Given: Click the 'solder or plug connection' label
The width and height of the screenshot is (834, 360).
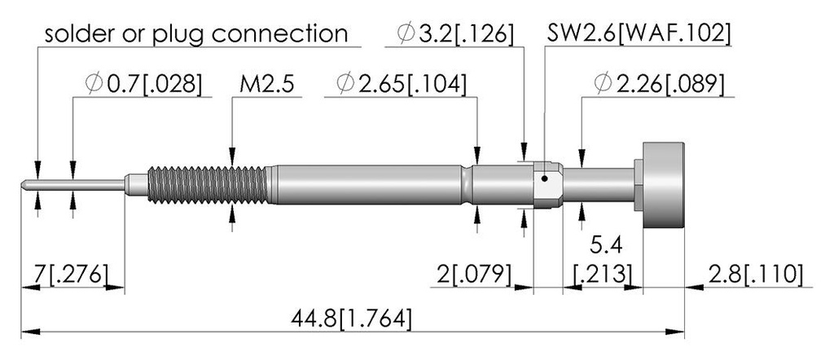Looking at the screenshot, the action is coord(195,34).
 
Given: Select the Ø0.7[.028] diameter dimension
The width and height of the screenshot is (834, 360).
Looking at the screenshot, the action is coord(143,84).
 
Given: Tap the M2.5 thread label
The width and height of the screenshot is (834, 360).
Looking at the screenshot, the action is coord(266,84).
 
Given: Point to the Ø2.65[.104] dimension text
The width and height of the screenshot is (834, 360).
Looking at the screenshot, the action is coord(402,84).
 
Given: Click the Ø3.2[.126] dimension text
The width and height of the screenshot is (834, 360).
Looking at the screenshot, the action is coord(455,34).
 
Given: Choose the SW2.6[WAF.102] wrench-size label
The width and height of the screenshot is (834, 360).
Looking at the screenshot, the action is coord(639,34).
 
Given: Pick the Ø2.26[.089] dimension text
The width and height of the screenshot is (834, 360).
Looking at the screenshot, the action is coord(660,84).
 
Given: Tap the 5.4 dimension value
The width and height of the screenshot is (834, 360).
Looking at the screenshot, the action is coord(606,247).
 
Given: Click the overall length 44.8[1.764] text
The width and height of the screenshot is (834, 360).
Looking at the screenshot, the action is coord(351,319).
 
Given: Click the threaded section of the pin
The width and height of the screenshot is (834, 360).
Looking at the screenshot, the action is coord(208,185).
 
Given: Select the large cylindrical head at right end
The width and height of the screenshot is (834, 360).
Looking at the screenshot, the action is coord(663,185).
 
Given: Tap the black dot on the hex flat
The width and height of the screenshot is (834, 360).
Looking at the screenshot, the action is coord(544,178).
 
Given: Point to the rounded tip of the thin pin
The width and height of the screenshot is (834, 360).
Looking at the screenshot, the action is coord(24,185).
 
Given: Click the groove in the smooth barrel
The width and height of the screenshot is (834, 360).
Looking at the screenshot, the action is coord(467,185).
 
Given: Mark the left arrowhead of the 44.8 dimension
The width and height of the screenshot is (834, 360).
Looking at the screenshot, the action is coord(30,331).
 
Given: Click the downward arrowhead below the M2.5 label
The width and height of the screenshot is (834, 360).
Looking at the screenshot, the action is coord(232,156).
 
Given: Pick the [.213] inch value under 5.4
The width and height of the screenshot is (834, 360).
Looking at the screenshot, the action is coord(604,274).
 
